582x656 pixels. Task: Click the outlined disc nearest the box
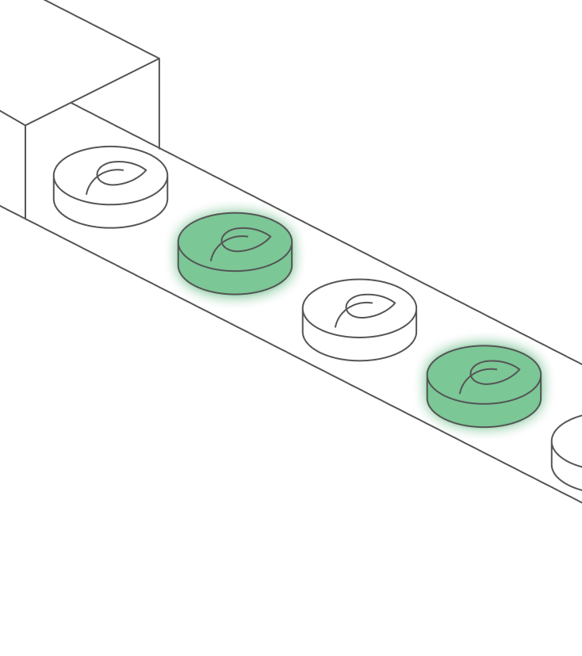click(x=110, y=186)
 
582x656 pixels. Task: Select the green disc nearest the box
click(x=234, y=252)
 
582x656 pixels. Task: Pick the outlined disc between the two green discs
click(x=359, y=318)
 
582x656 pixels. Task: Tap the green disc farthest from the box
click(x=484, y=385)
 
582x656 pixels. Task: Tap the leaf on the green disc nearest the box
click(x=242, y=241)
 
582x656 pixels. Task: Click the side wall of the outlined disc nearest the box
click(x=110, y=215)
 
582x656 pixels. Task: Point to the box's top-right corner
click(x=159, y=58)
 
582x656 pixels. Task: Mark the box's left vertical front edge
click(x=25, y=170)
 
